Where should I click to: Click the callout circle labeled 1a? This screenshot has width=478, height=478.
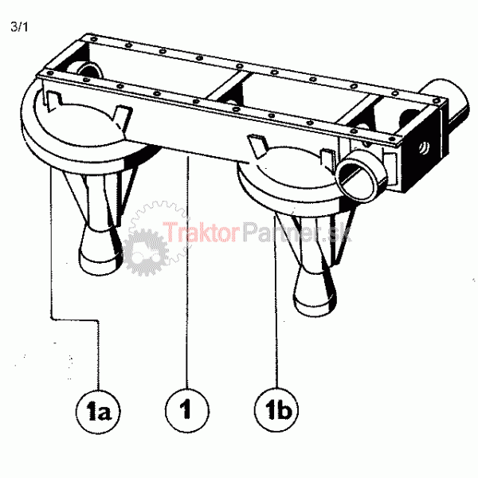click(98, 412)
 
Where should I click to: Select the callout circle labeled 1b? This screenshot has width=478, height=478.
click(276, 409)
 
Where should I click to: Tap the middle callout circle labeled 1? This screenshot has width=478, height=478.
click(187, 410)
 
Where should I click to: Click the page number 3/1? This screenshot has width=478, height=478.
click(19, 27)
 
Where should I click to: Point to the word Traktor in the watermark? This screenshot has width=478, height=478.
click(200, 233)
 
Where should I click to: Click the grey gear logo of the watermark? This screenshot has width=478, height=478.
click(146, 252)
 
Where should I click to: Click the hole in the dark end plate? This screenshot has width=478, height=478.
click(424, 148)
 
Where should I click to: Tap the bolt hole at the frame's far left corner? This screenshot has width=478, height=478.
click(50, 73)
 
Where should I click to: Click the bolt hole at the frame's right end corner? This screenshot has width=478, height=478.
click(437, 100)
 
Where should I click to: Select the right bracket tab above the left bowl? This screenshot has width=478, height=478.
click(123, 116)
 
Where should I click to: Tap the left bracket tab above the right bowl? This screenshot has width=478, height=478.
click(257, 146)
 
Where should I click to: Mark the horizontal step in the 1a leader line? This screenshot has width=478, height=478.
click(75, 319)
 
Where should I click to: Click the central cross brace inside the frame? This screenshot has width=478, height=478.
click(228, 86)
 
